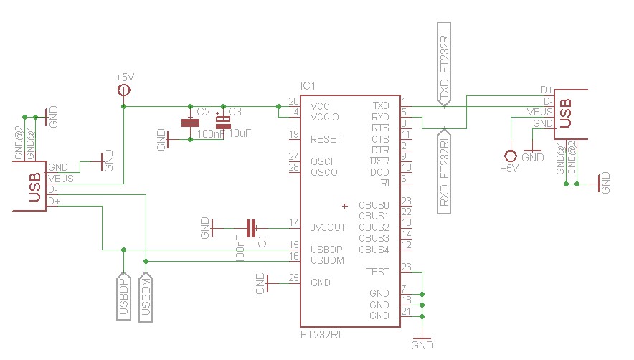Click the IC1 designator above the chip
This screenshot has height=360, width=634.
pyautogui.click(x=308, y=86)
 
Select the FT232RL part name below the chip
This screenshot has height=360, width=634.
pyautogui.click(x=322, y=335)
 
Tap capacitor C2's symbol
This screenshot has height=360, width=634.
pyautogui.click(x=190, y=123)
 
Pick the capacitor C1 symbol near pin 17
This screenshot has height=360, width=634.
pyautogui.click(x=251, y=228)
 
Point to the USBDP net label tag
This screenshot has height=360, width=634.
pyautogui.click(x=124, y=296)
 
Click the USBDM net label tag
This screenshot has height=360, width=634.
pyautogui.click(x=146, y=298)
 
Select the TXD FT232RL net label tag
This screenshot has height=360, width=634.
pyautogui.click(x=444, y=65)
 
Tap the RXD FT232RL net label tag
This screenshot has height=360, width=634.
pyautogui.click(x=444, y=170)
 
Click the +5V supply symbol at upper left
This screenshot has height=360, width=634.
pyautogui.click(x=124, y=90)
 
